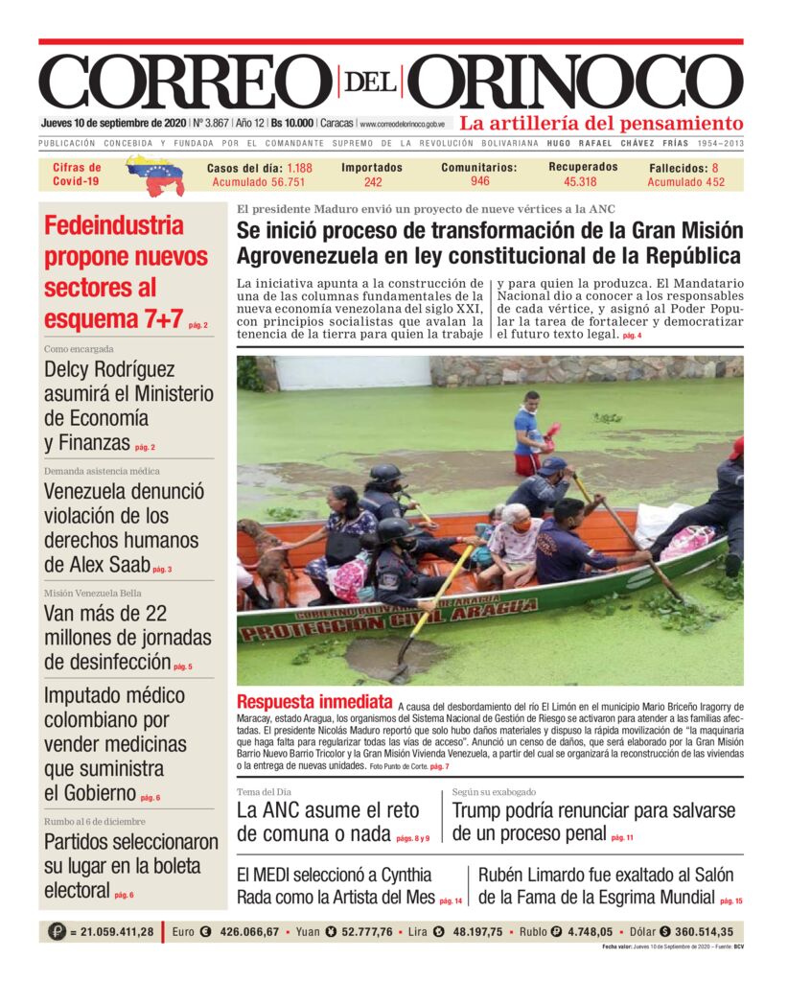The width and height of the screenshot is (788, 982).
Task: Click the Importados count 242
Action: [373, 182]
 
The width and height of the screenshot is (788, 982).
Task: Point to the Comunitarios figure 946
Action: [479, 181]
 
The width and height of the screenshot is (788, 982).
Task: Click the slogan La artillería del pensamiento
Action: [601, 124]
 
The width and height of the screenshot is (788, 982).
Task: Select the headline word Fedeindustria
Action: [113, 226]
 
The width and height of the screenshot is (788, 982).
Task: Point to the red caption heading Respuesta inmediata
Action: [313, 701]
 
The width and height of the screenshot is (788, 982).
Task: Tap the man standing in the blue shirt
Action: [526, 432]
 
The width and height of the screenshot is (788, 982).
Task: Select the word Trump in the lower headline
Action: [485, 810]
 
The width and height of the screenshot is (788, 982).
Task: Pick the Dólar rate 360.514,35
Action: [689, 931]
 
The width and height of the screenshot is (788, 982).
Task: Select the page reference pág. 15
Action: [731, 900]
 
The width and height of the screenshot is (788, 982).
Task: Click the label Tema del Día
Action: [264, 792]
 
